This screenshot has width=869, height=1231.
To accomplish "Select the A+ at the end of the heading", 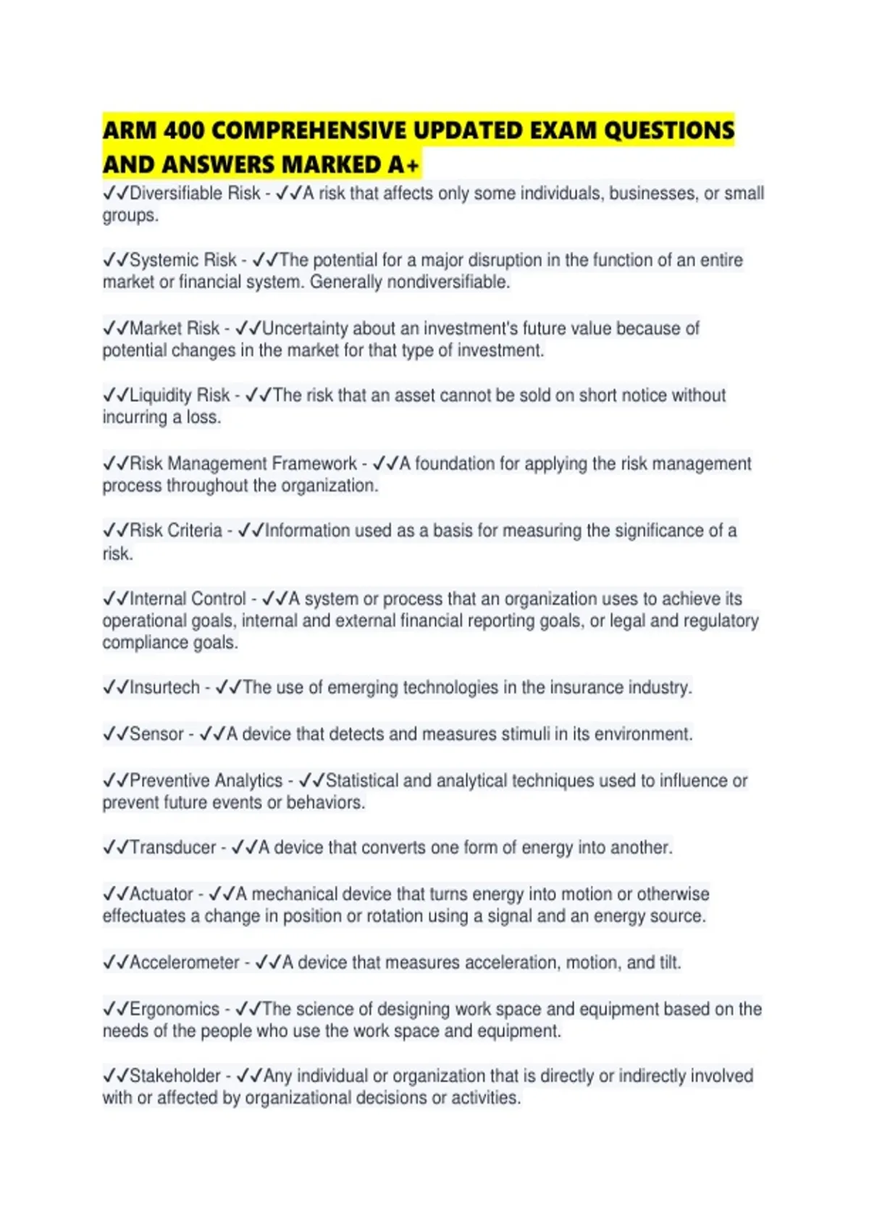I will pyautogui.click(x=403, y=165).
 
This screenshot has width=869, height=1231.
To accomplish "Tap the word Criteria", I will pyautogui.click(x=194, y=531).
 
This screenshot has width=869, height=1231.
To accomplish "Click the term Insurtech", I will pyautogui.click(x=164, y=687).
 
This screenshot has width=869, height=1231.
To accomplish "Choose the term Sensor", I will pyautogui.click(x=156, y=734).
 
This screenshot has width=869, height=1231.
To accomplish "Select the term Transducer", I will pyautogui.click(x=172, y=847).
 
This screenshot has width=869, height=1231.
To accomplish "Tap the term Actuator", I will pyautogui.click(x=161, y=894).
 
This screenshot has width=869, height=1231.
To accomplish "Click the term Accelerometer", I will pyautogui.click(x=184, y=962).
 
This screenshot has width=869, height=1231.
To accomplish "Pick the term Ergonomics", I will pyautogui.click(x=174, y=1009).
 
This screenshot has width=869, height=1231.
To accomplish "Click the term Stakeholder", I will pyautogui.click(x=175, y=1076).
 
